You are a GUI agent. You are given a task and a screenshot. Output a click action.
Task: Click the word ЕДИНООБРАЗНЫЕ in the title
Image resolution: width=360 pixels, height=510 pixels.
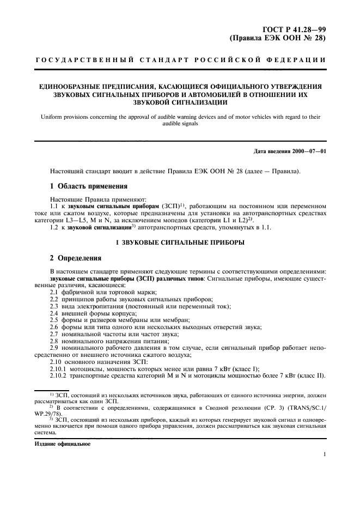(68, 86)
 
